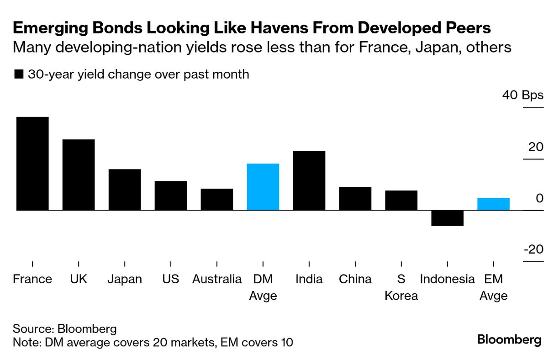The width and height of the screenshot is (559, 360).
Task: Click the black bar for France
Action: (32, 164)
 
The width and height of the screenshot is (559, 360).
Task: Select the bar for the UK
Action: (79, 175)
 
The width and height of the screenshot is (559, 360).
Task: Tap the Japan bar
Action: (125, 190)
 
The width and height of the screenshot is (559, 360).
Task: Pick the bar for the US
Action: (171, 196)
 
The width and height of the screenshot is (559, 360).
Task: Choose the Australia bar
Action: (217, 199)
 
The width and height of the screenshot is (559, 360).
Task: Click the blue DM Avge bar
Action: (263, 187)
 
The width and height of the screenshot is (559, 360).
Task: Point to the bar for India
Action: (309, 180)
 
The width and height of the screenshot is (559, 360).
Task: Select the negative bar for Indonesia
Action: (448, 218)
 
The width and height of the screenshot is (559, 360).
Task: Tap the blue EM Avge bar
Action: (493, 204)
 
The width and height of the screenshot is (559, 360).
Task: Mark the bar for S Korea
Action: (401, 200)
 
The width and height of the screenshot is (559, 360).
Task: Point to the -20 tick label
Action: (533, 249)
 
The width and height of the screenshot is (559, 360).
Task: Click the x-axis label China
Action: (355, 279)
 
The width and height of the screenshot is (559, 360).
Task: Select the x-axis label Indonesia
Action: (448, 279)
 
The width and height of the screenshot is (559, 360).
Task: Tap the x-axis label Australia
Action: (217, 279)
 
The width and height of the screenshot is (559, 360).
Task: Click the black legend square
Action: (19, 74)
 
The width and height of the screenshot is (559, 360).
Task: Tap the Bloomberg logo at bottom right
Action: (509, 340)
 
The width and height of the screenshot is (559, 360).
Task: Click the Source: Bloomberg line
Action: (65, 328)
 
